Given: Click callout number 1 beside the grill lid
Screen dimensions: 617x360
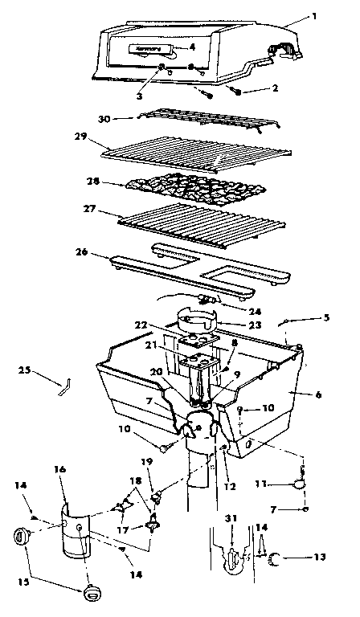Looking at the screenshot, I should point(314,15).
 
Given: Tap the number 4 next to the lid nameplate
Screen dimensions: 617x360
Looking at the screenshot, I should point(192,47).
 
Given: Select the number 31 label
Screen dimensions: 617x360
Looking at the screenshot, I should point(231,518).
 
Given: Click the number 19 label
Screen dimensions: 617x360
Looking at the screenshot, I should point(146,463).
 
